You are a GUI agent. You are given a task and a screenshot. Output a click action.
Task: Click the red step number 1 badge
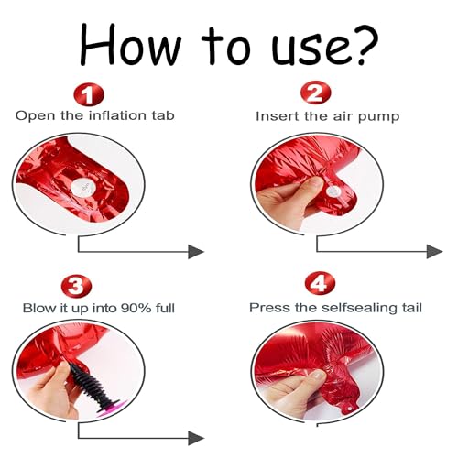pyautogui.click(x=89, y=94)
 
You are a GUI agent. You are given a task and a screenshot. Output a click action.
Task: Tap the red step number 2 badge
pyautogui.click(x=315, y=93)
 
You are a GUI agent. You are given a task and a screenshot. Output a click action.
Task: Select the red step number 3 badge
pyautogui.click(x=76, y=287)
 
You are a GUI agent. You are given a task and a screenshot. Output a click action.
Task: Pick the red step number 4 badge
pyautogui.click(x=320, y=283)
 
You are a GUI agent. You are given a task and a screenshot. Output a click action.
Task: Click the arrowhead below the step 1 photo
pyautogui.click(x=195, y=252)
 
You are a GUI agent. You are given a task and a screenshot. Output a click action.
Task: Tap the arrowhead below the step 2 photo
pyautogui.click(x=434, y=252)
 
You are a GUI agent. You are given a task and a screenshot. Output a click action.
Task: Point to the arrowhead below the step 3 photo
pyautogui.click(x=195, y=439)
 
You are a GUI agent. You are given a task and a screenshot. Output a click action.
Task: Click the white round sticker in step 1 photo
pyautogui.click(x=82, y=186)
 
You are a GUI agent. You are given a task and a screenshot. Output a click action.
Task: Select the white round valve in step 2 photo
pyautogui.click(x=333, y=192)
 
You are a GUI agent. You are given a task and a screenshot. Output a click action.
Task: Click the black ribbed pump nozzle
pyautogui.click(x=94, y=386)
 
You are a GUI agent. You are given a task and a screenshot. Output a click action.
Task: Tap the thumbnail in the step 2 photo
pyautogui.click(x=315, y=183)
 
